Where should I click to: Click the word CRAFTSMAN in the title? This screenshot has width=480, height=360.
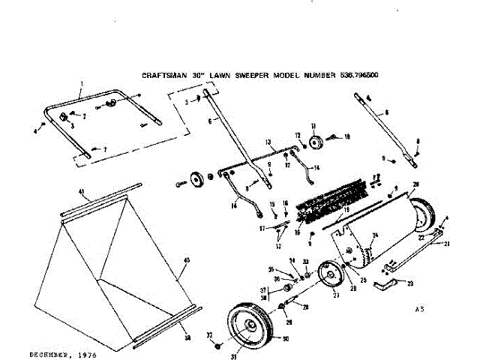pyautogui.click(x=166, y=76)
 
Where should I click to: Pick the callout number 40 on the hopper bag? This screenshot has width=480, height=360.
pyautogui.click(x=186, y=260)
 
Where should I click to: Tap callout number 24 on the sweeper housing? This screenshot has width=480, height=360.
pyautogui.click(x=375, y=236)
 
